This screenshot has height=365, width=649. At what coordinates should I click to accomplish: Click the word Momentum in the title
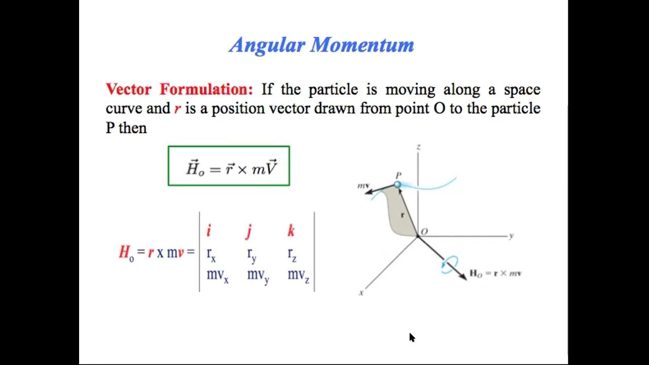pyautogui.click(x=363, y=45)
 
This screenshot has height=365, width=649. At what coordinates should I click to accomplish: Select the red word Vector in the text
pyautogui.click(x=129, y=90)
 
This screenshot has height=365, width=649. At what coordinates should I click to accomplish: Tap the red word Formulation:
pyautogui.click(x=206, y=90)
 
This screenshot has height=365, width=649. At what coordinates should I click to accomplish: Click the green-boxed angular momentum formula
pyautogui.click(x=229, y=166)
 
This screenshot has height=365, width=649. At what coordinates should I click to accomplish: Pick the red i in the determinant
pyautogui.click(x=208, y=231)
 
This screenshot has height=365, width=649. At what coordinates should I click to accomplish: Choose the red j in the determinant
pyautogui.click(x=249, y=232)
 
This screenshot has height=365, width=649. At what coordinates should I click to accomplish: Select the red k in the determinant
pyautogui.click(x=291, y=231)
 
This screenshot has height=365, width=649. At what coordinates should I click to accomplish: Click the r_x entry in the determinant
pyautogui.click(x=211, y=254)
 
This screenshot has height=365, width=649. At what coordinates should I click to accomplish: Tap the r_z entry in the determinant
pyautogui.click(x=292, y=254)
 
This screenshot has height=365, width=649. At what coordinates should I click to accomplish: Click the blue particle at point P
pyautogui.click(x=398, y=185)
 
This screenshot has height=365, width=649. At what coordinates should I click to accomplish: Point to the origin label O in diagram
pyautogui.click(x=424, y=232)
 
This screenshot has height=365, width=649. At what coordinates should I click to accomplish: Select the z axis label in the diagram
pyautogui.click(x=418, y=147)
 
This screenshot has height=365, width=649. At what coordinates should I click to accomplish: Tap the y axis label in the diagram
pyautogui.click(x=512, y=236)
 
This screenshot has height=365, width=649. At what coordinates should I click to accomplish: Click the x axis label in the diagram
pyautogui.click(x=361, y=293)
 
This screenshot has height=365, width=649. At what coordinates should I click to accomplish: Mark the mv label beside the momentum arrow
pyautogui.click(x=364, y=186)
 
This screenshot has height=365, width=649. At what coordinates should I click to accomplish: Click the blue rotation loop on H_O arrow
pyautogui.click(x=449, y=265)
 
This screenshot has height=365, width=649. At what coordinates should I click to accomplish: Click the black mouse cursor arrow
pyautogui.click(x=412, y=337)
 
